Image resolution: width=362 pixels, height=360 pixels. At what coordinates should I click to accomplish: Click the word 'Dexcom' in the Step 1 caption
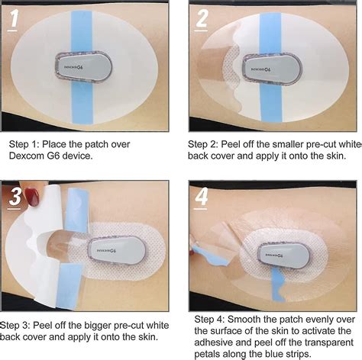coord(27,156)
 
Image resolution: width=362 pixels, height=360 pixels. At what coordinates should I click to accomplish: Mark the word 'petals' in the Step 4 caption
coord(211,354)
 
